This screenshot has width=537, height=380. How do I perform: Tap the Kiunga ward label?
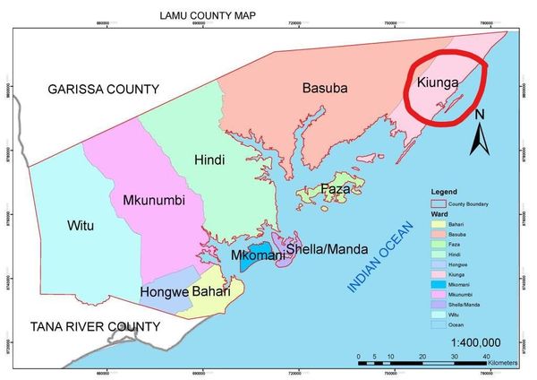tap(439, 82)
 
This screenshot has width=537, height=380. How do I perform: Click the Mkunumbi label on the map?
tap(154, 201)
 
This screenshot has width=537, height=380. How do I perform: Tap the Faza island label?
tap(336, 190)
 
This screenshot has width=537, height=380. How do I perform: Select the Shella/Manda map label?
tap(328, 248)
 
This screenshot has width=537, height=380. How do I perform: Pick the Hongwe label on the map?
tap(164, 293)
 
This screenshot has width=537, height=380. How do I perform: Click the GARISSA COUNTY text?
tap(104, 89)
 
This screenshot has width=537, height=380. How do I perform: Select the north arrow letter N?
tap(480, 114)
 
